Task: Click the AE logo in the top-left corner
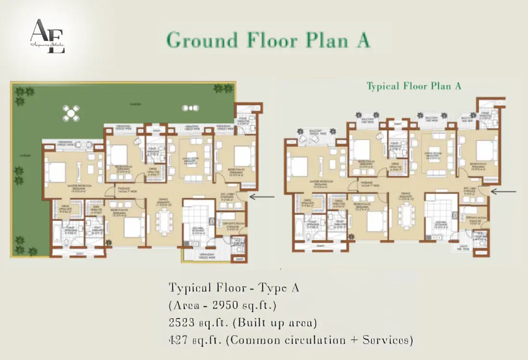pyautogui.click(x=47, y=36)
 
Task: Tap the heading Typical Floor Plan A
pyautogui.click(x=414, y=86)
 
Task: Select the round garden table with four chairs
pyautogui.click(x=71, y=114)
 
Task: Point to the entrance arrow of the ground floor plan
pyautogui.click(x=262, y=197)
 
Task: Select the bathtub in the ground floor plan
pyautogui.click(x=58, y=234)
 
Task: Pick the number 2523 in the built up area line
pyautogui.click(x=183, y=323)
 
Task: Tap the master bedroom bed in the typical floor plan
pyautogui.click(x=299, y=167)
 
